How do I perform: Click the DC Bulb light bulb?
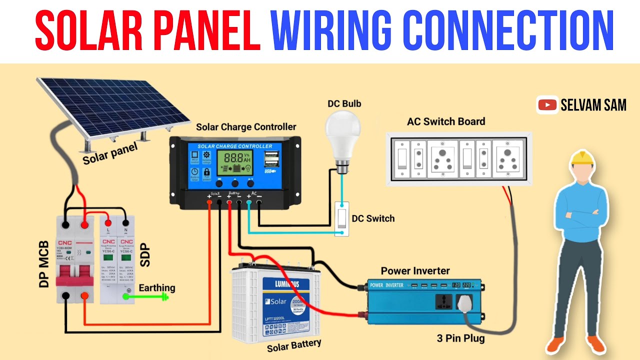pos(342,132)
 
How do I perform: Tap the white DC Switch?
pos(342,218)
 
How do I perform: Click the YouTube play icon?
pos(548,105)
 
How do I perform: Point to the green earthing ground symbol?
pos(163,296)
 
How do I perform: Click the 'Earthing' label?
pos(157,287)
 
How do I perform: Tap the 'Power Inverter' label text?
pos(415,271)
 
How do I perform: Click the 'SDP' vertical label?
pos(145,255)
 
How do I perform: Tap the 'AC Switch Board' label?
pos(446,121)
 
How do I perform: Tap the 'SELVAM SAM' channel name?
pos(593,105)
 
